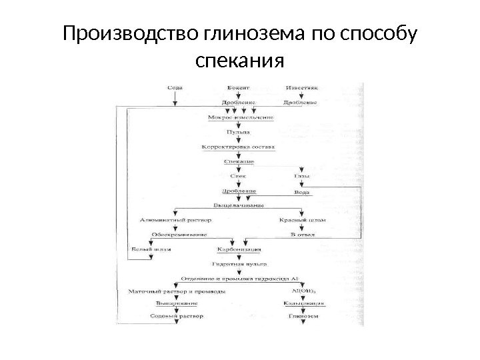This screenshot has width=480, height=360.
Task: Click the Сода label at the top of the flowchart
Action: [x=175, y=87]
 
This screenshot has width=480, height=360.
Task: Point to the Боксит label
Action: [x=238, y=87]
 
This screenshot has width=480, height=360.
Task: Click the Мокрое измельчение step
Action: [x=241, y=117]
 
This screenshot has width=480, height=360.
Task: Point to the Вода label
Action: [x=301, y=191]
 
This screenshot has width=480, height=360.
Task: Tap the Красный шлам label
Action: [x=301, y=219]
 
